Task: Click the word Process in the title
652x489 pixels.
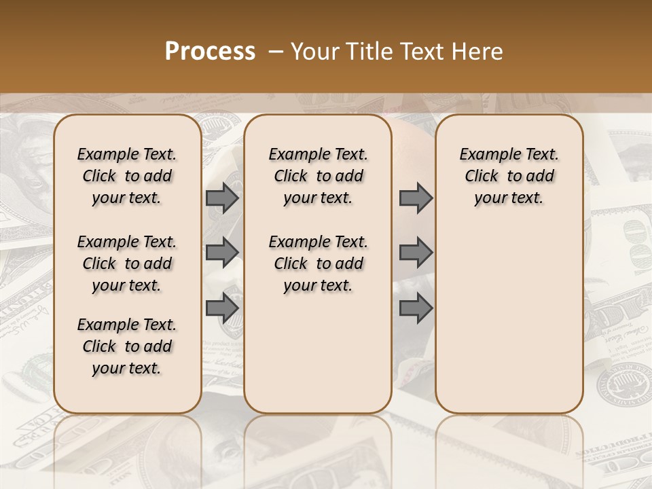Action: point(210,52)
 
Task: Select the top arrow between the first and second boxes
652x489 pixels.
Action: point(221,198)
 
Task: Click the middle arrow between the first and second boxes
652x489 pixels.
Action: point(221,253)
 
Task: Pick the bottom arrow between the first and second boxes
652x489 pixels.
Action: point(221,308)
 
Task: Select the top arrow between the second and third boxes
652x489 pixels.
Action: point(416,198)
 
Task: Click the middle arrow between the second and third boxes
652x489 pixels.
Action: point(416,253)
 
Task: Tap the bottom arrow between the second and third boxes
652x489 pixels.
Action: point(416,308)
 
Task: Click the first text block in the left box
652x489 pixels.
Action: point(127,176)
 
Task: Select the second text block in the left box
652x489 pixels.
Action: point(127,264)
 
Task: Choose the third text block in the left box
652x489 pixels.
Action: point(127,346)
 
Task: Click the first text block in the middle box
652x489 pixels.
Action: point(318,176)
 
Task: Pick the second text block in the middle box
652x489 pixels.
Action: point(318,264)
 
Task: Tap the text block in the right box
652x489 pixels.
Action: point(509,176)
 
